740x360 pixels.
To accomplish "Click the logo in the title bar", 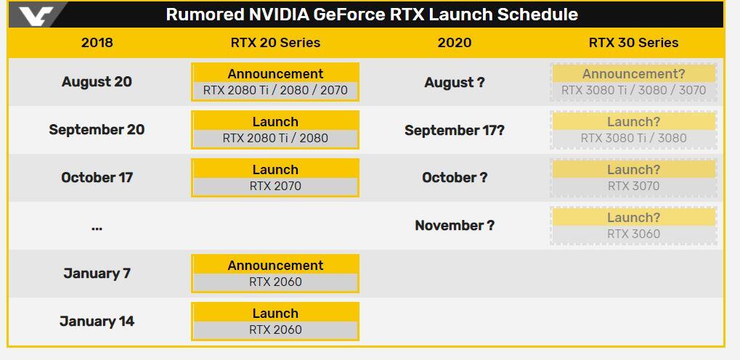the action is [36, 15].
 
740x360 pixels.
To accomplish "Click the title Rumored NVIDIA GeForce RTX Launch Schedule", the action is [372, 15].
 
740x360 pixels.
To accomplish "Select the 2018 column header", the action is [97, 43].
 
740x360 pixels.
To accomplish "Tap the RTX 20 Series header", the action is [275, 43].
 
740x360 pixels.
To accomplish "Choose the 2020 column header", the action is [454, 43].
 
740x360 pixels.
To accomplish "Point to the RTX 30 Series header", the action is [633, 43].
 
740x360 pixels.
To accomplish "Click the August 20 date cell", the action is [97, 82].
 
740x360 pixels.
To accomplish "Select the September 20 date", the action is [97, 130].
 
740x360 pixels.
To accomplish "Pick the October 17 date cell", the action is [97, 178].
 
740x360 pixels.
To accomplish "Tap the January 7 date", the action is [97, 274].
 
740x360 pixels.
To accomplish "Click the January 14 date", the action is [97, 322].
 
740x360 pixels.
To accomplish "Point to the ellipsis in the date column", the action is [97, 229].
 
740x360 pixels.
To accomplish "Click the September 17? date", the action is [455, 130].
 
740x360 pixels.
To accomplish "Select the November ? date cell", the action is [455, 226].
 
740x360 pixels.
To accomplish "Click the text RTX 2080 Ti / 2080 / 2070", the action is [275, 90].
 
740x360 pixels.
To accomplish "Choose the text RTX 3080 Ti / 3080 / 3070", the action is [633, 90].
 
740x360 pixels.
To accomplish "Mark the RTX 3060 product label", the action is [633, 234].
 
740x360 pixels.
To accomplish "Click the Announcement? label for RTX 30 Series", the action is [633, 74].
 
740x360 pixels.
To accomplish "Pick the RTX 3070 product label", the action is [633, 186].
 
